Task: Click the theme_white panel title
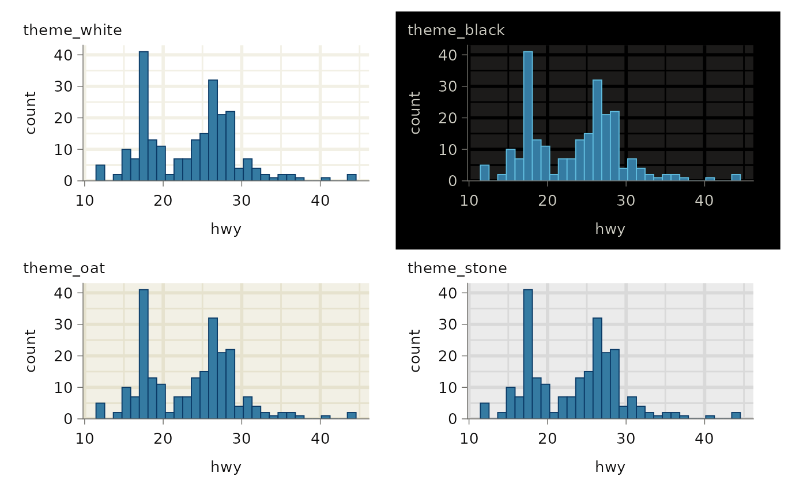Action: point(73,31)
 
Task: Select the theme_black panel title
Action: point(456,30)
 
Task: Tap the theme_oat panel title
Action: point(64,268)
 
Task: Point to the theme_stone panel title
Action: point(457,268)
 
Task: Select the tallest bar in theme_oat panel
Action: point(144,354)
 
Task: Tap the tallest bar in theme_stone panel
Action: point(528,354)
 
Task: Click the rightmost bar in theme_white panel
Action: point(352,177)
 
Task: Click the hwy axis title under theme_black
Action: point(610,229)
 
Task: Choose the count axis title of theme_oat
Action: point(31,350)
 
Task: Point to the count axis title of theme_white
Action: point(31,113)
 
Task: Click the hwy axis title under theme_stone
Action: point(610,467)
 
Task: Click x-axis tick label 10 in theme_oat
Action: point(85,437)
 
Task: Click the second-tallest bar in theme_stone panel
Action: point(597,368)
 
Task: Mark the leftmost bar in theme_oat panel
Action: point(100,410)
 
